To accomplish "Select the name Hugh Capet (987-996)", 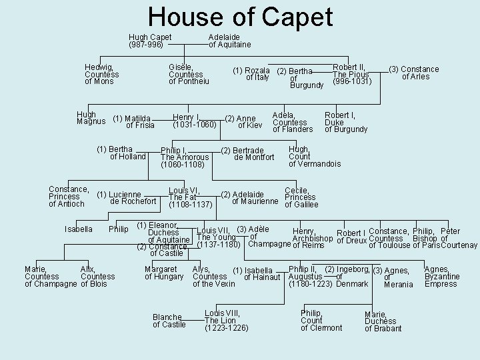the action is tap(150, 41).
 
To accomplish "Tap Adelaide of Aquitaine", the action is tap(230, 41).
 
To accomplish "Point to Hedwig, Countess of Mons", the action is tap(102, 74).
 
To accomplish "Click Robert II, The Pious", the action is tap(351, 74).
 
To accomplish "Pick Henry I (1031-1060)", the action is tap(194, 121).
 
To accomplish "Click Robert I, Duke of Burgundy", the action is tap(345, 122).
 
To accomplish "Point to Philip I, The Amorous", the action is tap(185, 157).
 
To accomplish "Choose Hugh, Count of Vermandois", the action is tap(314, 157).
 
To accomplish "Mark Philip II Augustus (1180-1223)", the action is tap(311, 277).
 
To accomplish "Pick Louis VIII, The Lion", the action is tap(227, 321).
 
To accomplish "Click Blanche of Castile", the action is tap(169, 321).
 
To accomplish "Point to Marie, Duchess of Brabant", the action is tap(383, 321).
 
